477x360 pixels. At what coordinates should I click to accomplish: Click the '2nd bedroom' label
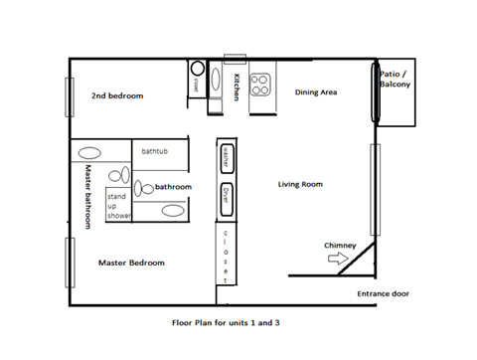point(117,95)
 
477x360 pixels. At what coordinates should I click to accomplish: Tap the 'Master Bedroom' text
point(131,263)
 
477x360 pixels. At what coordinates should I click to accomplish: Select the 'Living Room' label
point(299,184)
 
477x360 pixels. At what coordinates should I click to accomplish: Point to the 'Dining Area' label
point(317,92)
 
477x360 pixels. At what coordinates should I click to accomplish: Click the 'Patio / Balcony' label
point(395,80)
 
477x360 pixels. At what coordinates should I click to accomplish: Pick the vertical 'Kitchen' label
point(237,87)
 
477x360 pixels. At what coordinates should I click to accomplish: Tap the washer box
point(227,158)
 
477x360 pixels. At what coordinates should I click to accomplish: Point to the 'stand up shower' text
point(119,206)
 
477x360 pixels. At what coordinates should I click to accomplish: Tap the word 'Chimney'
point(340,244)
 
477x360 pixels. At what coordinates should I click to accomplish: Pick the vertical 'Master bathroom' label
point(87,196)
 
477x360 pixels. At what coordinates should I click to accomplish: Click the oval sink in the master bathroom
point(90,154)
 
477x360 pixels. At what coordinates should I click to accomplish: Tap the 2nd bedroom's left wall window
point(69,96)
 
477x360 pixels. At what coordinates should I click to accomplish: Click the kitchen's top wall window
point(235,57)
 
